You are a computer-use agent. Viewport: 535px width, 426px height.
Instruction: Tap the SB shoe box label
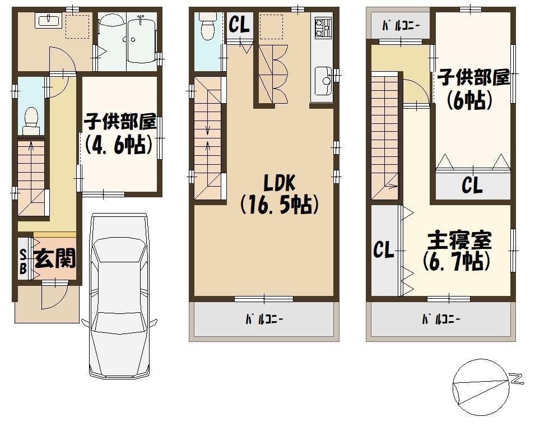click(23, 261)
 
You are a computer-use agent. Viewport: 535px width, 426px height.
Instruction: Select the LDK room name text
click(280, 183)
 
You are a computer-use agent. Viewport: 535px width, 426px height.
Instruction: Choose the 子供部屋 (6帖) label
click(473, 89)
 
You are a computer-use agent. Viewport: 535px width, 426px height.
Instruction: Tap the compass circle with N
click(481, 388)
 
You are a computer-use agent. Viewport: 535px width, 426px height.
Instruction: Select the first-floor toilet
click(31, 121)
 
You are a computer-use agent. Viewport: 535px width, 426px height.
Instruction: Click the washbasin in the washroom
click(48, 20)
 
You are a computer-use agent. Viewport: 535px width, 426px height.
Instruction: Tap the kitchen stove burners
click(322, 27)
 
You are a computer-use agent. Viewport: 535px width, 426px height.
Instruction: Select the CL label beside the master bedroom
click(384, 249)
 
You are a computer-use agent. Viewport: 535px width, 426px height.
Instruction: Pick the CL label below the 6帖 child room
click(472, 185)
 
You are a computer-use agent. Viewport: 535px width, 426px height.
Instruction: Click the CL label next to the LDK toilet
click(239, 25)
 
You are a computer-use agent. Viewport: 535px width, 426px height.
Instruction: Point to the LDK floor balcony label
click(264, 319)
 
